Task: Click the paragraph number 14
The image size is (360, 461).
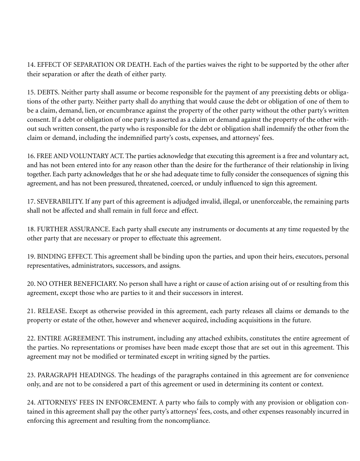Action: pyautogui.click(x=31, y=65)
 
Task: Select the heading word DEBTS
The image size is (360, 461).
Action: pyautogui.click(x=48, y=92)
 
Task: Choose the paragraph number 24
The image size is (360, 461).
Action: pyautogui.click(x=31, y=403)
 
